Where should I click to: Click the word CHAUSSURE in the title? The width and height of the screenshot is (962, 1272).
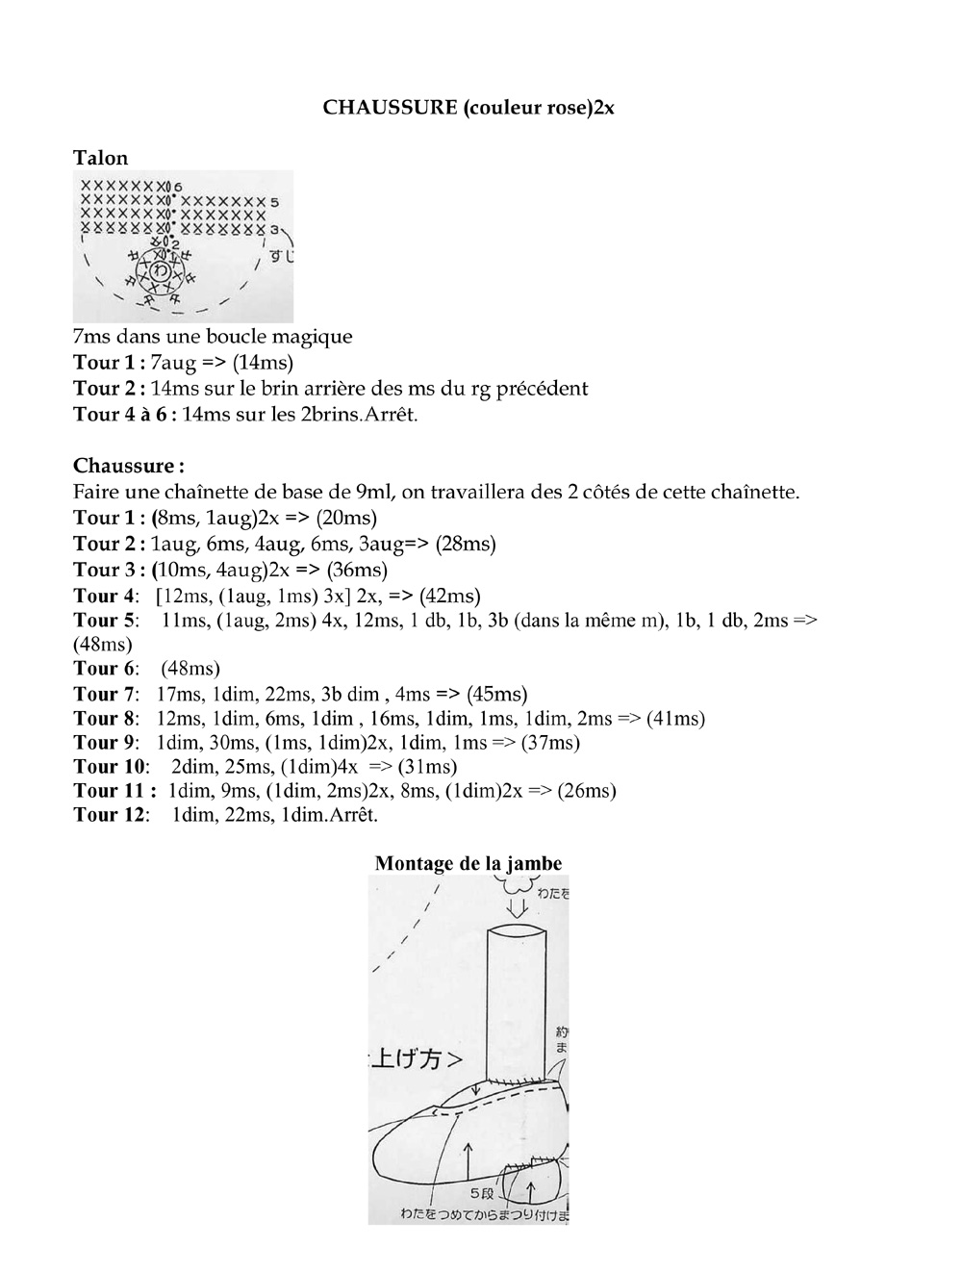click(x=390, y=107)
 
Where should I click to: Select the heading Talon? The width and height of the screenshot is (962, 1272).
click(x=100, y=158)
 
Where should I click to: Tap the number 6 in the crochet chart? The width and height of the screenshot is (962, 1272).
click(x=178, y=186)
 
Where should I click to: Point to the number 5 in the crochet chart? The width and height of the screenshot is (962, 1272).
click(x=274, y=202)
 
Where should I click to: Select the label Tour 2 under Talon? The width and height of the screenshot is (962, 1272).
click(x=109, y=389)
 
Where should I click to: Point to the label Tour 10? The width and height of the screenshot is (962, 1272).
click(x=111, y=767)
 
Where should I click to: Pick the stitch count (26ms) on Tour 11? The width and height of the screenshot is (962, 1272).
click(x=586, y=791)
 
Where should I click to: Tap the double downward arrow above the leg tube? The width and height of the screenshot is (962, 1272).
click(x=518, y=904)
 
